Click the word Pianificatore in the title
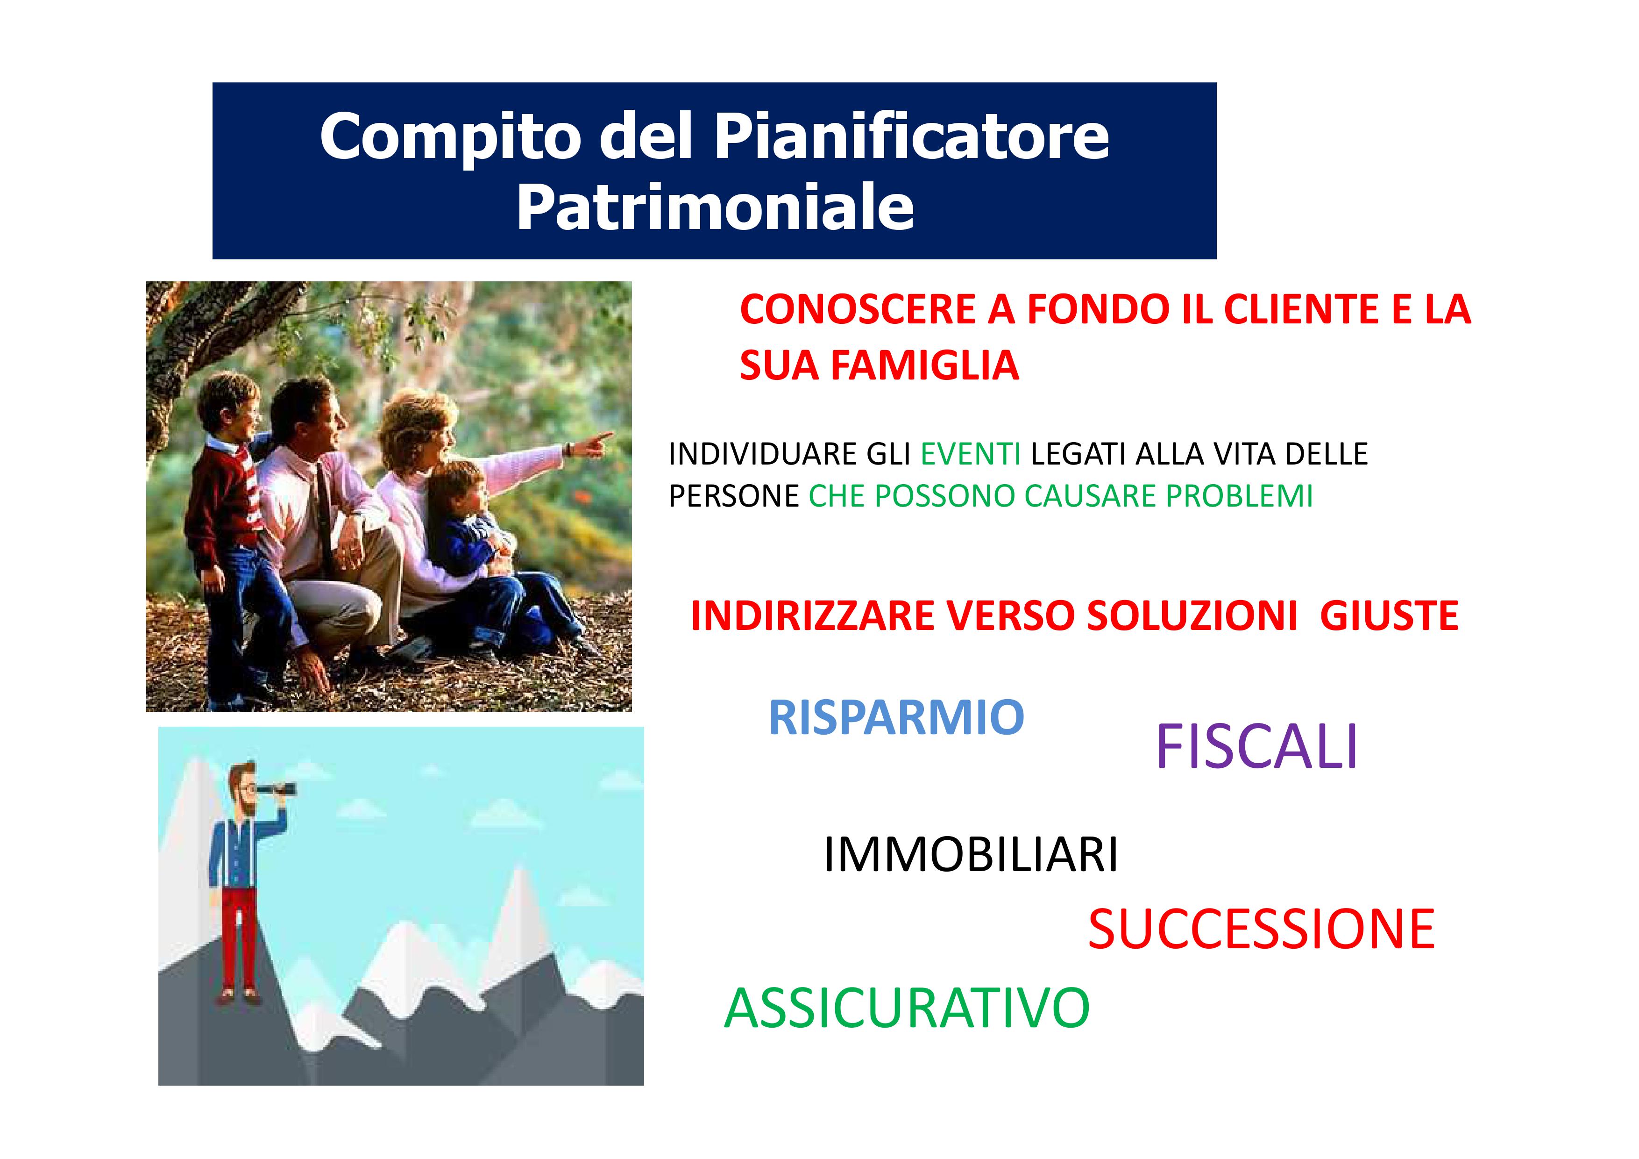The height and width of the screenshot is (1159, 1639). pos(912,136)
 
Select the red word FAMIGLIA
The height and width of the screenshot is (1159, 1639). pos(925,365)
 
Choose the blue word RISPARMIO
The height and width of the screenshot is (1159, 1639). pos(896,718)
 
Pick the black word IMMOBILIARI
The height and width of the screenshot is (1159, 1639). pos(970,855)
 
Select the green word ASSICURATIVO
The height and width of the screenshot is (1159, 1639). pos(907,1008)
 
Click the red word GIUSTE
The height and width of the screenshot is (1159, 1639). pos(1389,615)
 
